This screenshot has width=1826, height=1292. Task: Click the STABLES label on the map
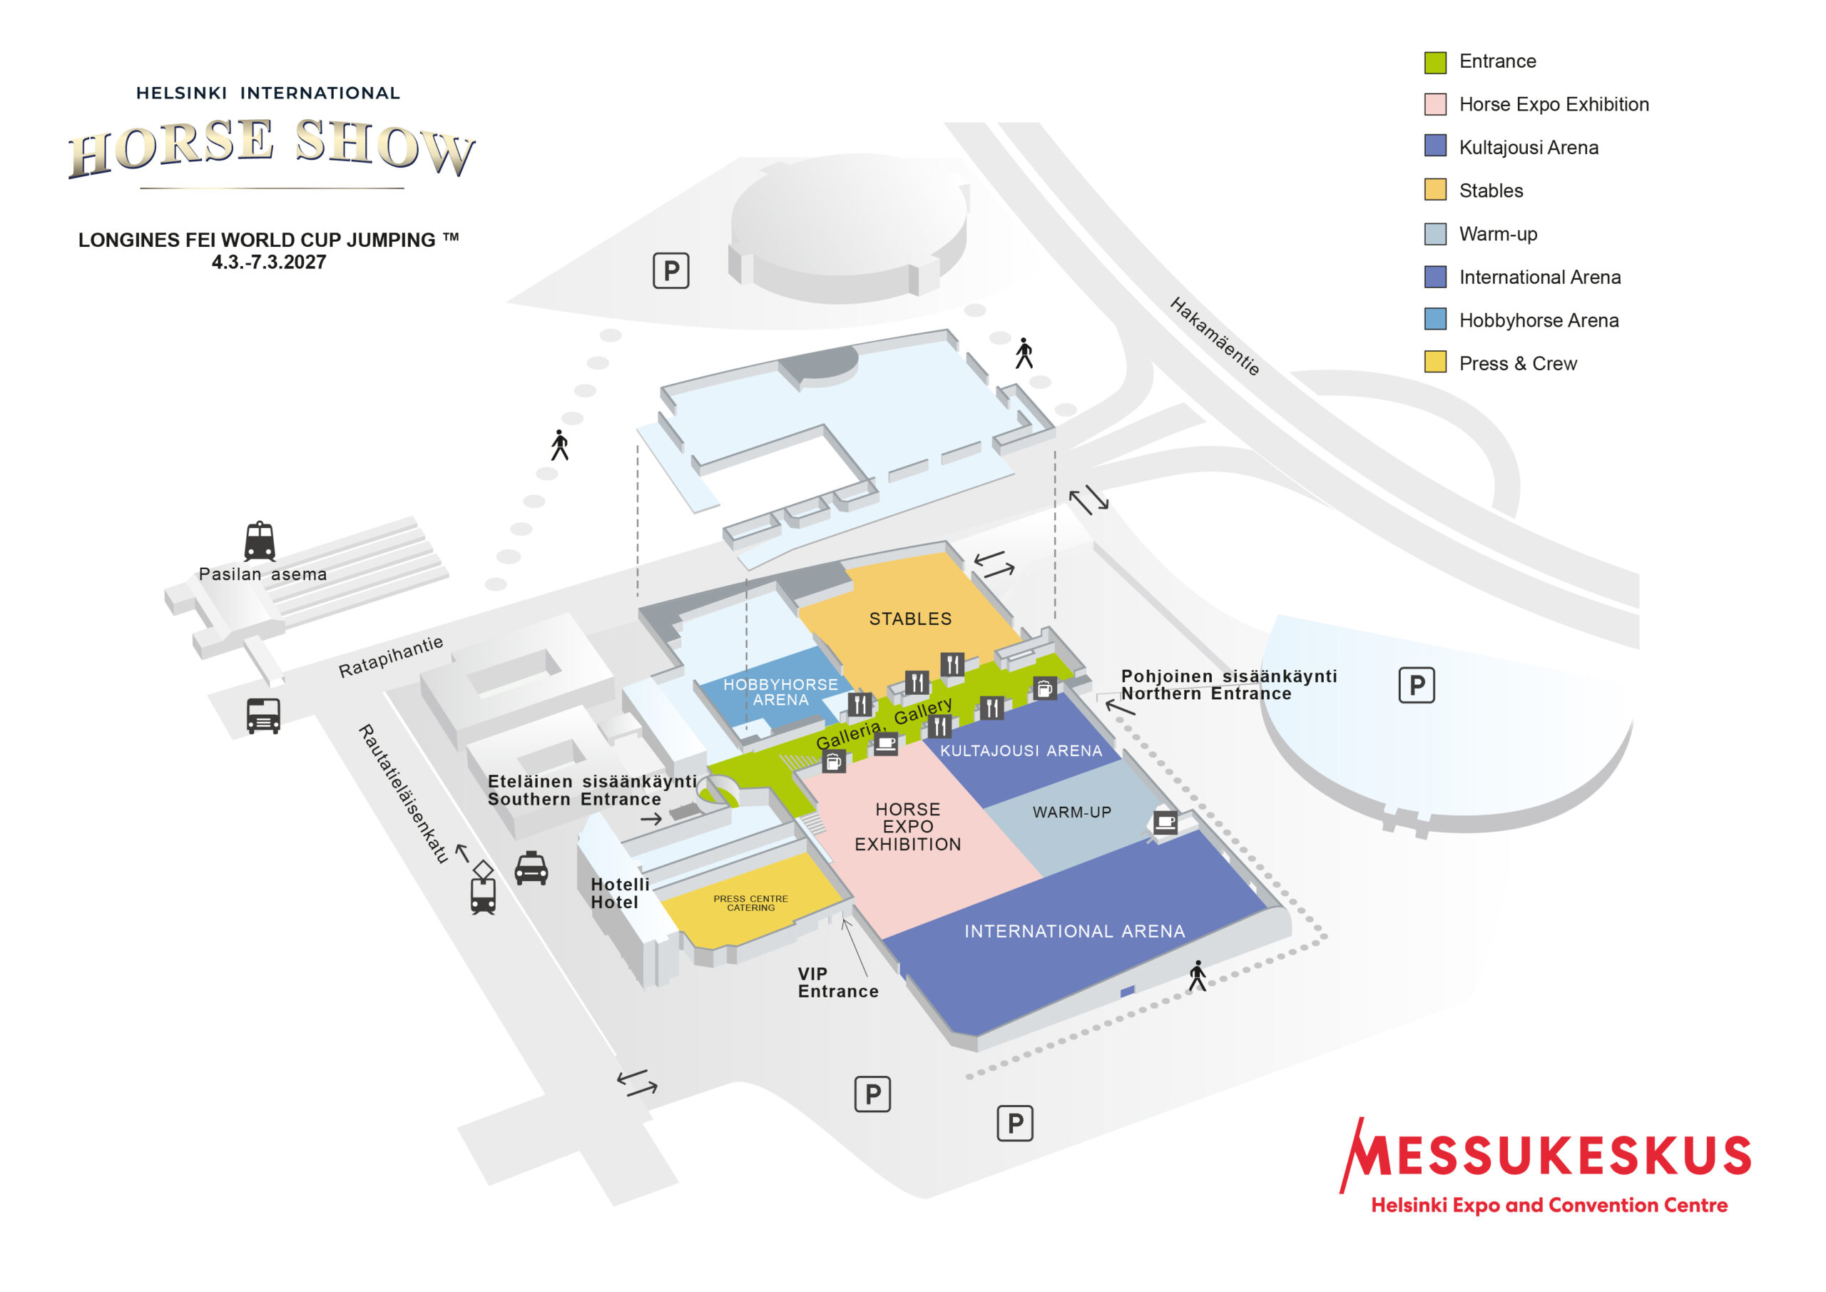coord(910,619)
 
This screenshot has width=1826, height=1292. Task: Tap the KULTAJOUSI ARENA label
coord(1021,751)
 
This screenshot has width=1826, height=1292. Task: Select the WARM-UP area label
coord(1072,813)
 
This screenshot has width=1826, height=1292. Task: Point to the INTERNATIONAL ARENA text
coord(1074,931)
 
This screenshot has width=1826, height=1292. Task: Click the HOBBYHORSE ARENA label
coord(780,692)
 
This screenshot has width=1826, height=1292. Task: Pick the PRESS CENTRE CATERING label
coord(751,903)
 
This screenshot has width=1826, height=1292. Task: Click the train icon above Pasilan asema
coord(260,541)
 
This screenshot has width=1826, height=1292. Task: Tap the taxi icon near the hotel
coord(531,868)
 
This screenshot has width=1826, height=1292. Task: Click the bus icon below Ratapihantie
coord(263,716)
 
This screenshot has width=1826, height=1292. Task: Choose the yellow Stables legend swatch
coord(1436,190)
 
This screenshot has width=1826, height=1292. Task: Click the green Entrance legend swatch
coord(1436,62)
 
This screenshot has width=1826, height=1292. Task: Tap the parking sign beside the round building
coord(671,271)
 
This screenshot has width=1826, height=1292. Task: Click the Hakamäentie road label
coord(1215,336)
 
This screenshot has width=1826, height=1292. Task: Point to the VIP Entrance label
coord(838,982)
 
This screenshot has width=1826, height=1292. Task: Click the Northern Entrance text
coord(1205,693)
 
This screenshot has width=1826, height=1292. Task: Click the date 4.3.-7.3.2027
coord(269,263)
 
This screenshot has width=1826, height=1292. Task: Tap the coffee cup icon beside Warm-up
coord(1166,822)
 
